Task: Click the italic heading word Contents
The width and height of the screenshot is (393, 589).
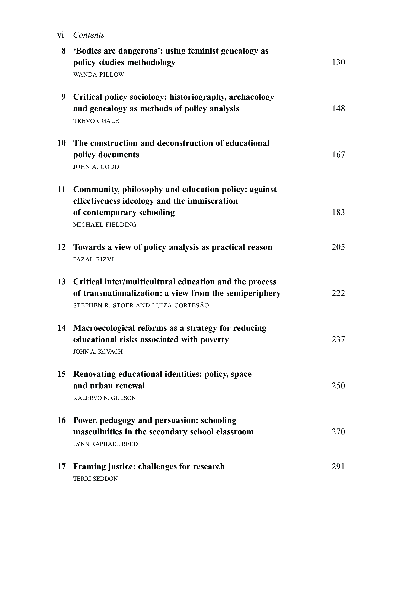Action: (x=89, y=35)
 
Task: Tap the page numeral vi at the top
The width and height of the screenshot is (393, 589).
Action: (x=60, y=35)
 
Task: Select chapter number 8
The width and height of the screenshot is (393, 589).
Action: (x=64, y=51)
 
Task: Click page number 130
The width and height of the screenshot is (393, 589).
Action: (x=338, y=62)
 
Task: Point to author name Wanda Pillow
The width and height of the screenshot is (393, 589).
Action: (x=99, y=75)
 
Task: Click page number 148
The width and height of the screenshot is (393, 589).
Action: (x=338, y=109)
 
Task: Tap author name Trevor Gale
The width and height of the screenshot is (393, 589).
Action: (x=96, y=121)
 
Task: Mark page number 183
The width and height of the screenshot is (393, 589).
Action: (x=338, y=212)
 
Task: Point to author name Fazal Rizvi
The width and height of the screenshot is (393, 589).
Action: (x=93, y=259)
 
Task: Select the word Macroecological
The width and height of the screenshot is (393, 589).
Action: (x=104, y=328)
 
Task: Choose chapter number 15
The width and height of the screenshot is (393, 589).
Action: (x=62, y=374)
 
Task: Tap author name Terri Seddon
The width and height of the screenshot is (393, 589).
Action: (x=96, y=479)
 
